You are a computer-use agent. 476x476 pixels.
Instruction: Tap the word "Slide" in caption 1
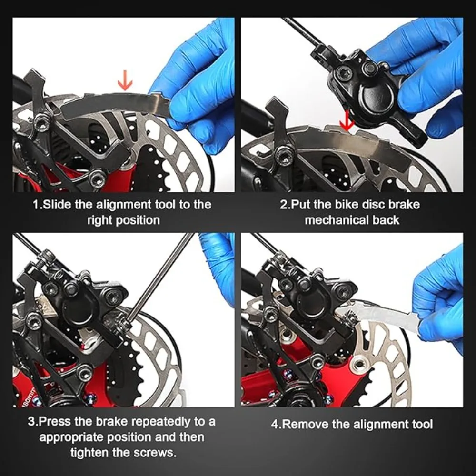click(57, 204)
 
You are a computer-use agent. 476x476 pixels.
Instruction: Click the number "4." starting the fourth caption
click(276, 424)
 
